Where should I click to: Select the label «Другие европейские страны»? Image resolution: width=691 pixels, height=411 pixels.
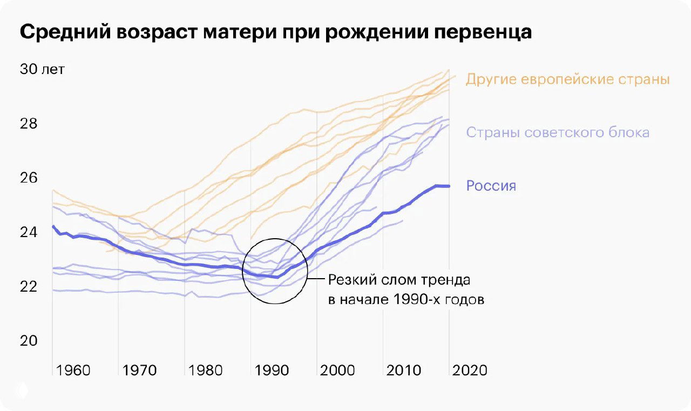pos(567,79)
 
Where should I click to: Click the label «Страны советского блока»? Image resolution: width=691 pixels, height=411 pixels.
pos(557,132)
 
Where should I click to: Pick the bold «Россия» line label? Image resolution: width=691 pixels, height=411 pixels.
pos(491,186)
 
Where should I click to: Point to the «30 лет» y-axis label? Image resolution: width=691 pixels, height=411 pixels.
pos(42,70)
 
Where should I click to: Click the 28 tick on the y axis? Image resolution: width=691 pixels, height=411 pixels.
pos(29,124)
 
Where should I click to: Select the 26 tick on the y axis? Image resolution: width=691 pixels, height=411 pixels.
pos(29,178)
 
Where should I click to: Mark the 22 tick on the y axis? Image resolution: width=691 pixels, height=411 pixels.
pos(29,286)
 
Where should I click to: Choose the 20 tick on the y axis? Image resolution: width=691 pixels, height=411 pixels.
pos(29,341)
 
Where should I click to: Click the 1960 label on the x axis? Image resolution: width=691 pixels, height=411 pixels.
pos(73,370)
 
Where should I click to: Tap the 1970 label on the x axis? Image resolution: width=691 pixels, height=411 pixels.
pos(139,370)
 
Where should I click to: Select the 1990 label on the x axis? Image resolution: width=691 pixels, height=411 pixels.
pos(272,370)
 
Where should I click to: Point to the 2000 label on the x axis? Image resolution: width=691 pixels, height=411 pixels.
pos(338,370)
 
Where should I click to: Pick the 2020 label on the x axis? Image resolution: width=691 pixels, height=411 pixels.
pos(470,370)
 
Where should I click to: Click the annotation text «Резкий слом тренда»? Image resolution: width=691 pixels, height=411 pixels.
pos(399,281)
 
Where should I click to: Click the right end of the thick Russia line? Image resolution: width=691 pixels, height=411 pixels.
pos(449,186)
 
